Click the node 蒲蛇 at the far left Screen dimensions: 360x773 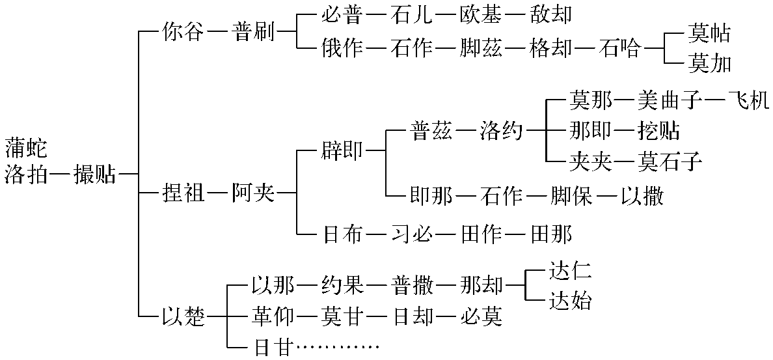point(26,147)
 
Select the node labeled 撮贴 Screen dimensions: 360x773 point(95,174)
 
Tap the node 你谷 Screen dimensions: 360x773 point(183,33)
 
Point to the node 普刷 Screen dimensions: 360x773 point(254,33)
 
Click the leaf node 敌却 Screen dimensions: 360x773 point(550,14)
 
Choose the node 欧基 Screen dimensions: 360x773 point(480,14)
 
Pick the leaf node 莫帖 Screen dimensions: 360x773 point(709,33)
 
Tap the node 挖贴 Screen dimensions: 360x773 point(658,131)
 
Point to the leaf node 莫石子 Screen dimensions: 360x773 point(670,161)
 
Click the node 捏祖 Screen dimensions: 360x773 point(183,193)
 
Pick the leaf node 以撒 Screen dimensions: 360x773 point(641,195)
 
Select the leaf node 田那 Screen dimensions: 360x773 point(550,234)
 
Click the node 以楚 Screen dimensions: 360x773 point(183,317)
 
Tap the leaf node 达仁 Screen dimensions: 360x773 point(570,270)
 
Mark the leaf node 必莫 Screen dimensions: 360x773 point(480,317)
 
